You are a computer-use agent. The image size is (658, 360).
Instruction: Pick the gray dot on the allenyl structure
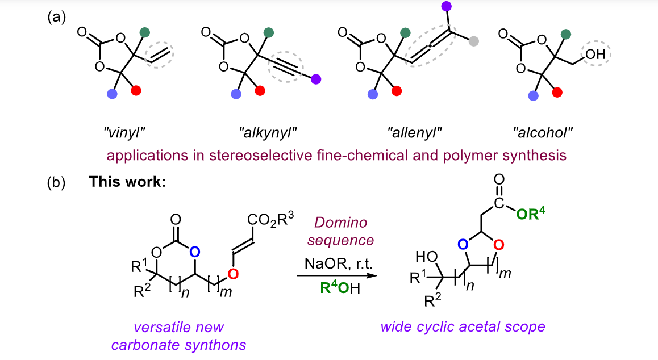click(x=473, y=40)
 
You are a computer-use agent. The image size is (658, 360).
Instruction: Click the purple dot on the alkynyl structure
click(x=316, y=79)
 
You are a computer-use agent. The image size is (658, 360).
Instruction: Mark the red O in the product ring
click(x=497, y=245)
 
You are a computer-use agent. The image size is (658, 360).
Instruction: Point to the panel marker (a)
click(x=56, y=17)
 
